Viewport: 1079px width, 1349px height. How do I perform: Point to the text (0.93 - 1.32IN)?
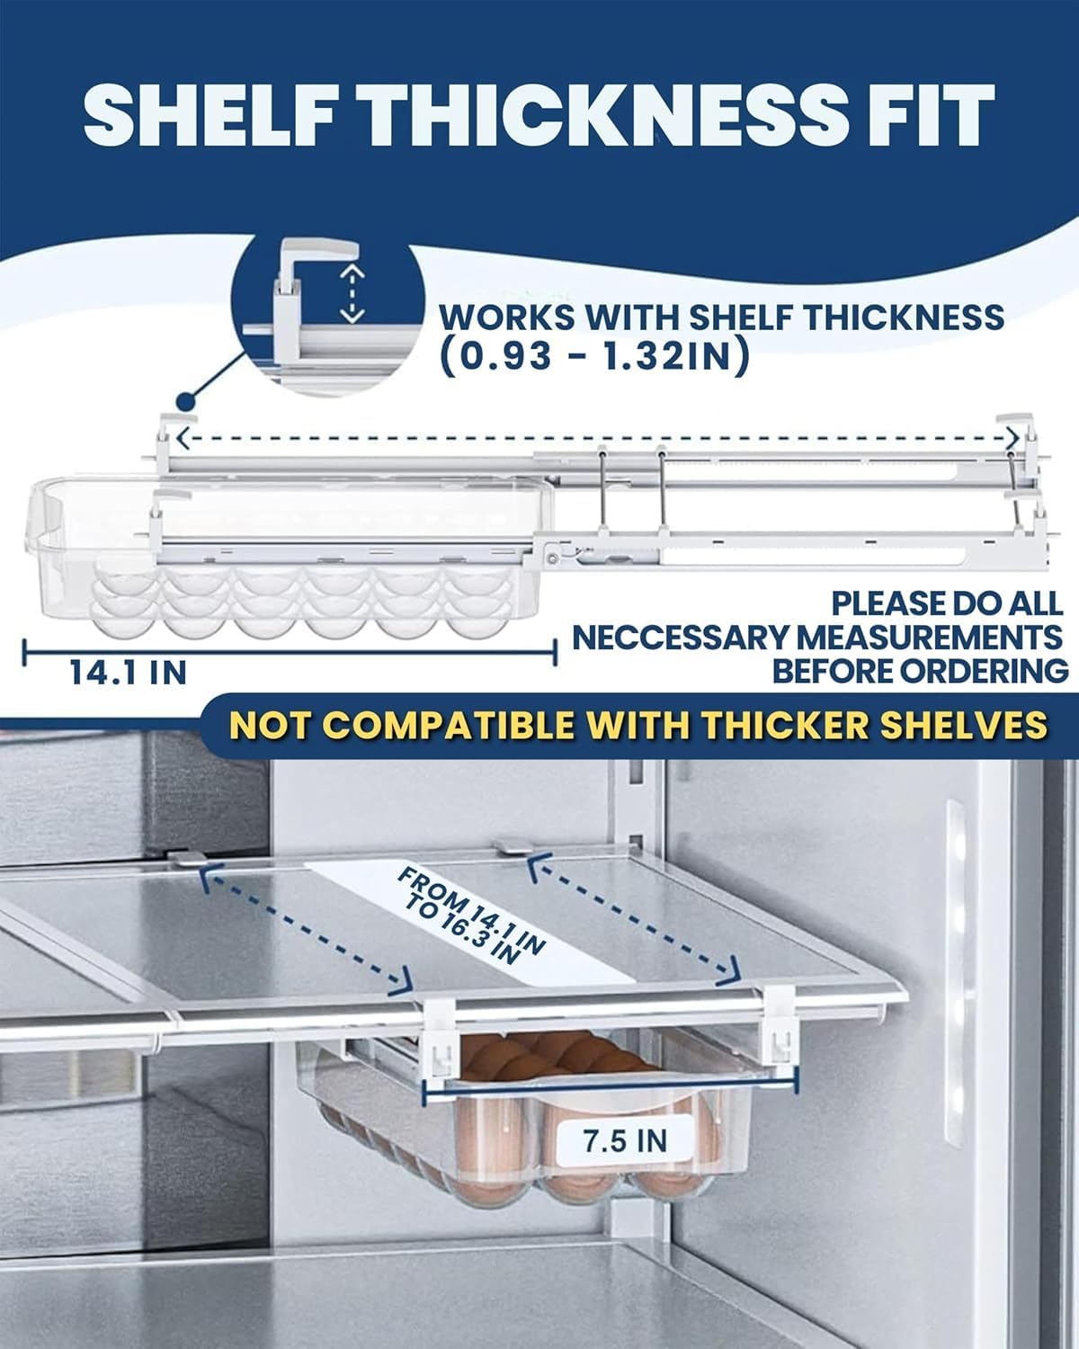click(594, 357)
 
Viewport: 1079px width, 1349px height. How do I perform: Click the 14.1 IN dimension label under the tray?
click(129, 673)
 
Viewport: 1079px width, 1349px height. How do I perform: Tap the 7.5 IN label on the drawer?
click(625, 1140)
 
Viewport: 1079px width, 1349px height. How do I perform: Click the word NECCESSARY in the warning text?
click(680, 639)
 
